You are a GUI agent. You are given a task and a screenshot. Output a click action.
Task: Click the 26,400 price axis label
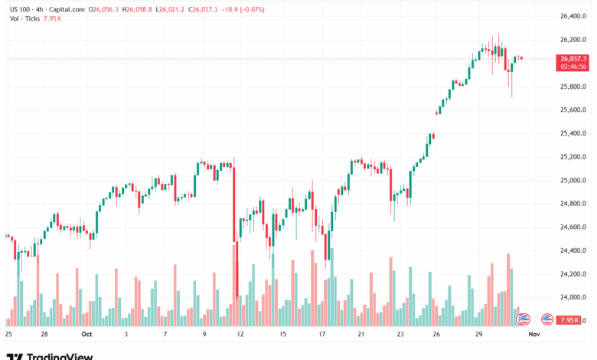574,16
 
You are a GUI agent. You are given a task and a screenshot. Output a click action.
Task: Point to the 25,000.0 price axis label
574,181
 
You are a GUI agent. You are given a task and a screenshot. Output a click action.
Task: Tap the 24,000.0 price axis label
574,298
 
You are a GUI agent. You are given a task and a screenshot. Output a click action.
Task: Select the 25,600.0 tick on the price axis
574,110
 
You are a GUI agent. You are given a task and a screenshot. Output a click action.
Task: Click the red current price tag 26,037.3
574,58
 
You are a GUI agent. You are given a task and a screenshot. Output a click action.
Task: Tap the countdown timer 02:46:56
574,67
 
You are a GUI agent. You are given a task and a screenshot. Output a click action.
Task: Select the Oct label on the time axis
86,335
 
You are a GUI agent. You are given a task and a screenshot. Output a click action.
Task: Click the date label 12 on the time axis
241,335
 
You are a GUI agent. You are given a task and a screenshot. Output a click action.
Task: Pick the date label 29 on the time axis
478,335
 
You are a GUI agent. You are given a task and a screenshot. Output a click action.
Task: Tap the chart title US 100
22,9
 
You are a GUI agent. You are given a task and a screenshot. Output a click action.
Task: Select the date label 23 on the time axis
400,335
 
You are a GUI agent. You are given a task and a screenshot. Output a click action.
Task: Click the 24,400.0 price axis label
574,250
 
